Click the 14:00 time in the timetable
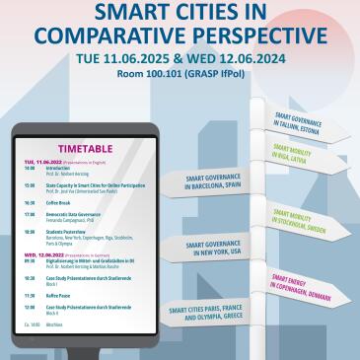(x=30, y=168)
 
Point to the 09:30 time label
(x=30, y=259)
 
